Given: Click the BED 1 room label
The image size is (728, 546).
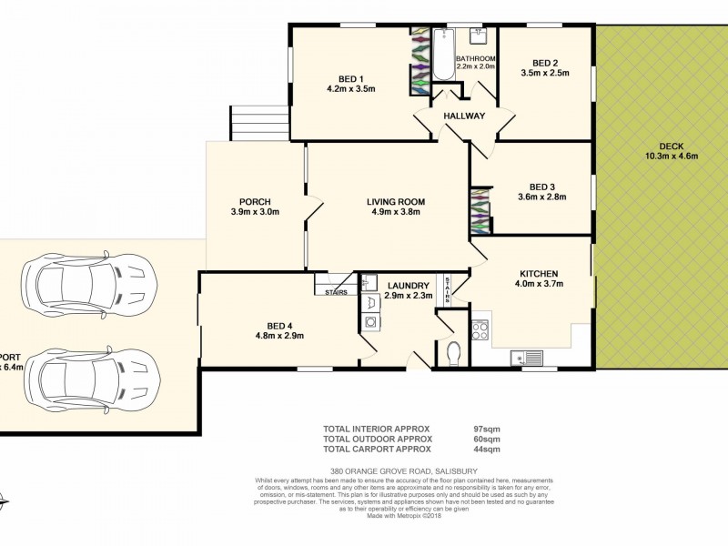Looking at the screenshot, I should (x=350, y=77).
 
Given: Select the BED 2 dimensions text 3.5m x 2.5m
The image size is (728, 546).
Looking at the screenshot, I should (x=544, y=73).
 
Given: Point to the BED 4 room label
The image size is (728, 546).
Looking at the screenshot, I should (x=279, y=325).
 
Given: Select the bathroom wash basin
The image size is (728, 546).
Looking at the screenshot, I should (x=478, y=36).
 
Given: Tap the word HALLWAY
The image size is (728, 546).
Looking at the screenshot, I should (x=464, y=116).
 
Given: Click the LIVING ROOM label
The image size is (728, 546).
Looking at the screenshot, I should (x=396, y=202).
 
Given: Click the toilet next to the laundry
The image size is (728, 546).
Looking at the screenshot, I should (x=455, y=352).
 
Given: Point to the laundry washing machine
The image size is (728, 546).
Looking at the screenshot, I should (x=371, y=322).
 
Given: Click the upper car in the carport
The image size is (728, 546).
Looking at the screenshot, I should (x=86, y=281).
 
